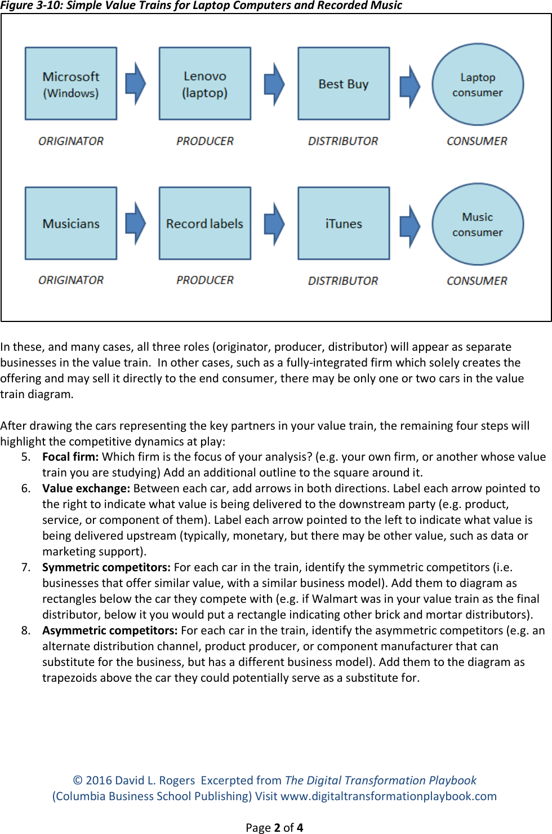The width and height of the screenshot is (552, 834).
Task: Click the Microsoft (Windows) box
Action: pos(71,83)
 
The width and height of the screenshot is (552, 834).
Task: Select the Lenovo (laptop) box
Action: pos(205,83)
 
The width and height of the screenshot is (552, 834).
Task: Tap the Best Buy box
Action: pos(344,83)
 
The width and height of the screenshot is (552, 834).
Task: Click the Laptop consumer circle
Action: pos(478,85)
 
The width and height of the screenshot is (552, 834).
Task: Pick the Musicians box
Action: pos(71,223)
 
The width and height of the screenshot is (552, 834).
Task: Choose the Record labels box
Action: pos(205,223)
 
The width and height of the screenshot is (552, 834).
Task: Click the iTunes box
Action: pos(344,223)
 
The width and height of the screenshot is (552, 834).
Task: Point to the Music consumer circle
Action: pos(478,224)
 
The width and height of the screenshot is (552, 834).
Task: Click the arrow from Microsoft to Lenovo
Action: pos(135,84)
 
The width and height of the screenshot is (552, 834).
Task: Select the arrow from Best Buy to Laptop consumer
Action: pos(409,86)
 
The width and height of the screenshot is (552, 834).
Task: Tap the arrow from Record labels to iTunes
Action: pos(274,224)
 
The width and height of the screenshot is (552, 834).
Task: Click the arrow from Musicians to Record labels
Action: pos(135,224)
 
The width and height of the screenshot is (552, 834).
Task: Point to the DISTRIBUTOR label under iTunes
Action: pos(343,281)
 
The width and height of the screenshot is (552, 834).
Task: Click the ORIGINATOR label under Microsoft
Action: pos(71,141)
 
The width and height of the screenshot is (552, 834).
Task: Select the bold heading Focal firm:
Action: pos(70,457)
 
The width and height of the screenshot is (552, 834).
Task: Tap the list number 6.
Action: pos(25,488)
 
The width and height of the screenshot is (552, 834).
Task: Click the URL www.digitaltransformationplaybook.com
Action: pos(389,796)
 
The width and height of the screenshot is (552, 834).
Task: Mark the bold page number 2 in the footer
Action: pos(277,827)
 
